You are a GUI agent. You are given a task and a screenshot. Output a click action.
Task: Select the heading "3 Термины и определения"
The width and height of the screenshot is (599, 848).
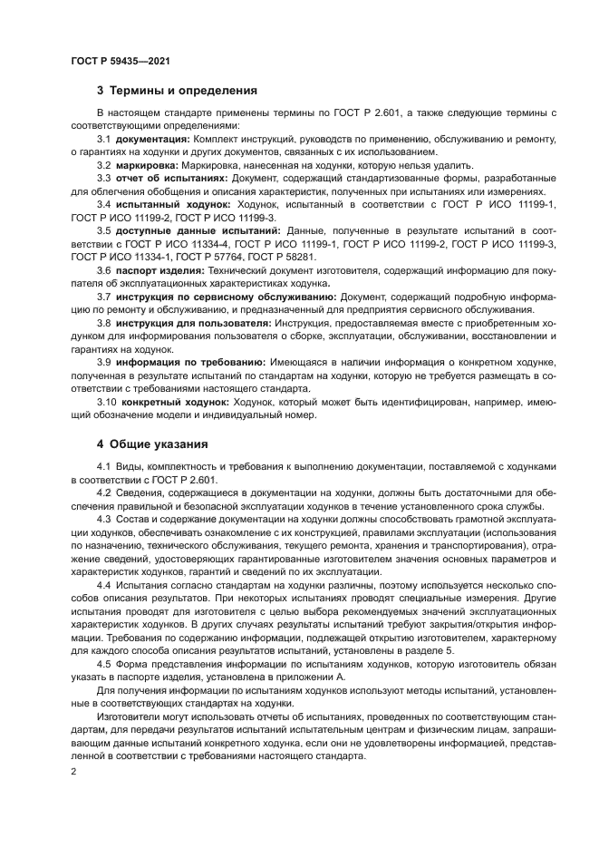[177, 91]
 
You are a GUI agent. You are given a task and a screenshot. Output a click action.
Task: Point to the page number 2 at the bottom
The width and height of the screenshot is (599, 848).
[73, 770]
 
